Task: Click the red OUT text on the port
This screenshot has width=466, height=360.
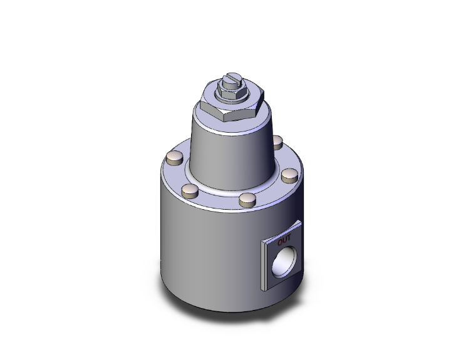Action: coord(284,239)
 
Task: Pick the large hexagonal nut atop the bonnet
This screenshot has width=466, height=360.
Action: coord(231,105)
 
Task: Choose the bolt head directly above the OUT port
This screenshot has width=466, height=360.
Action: coord(289,175)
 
